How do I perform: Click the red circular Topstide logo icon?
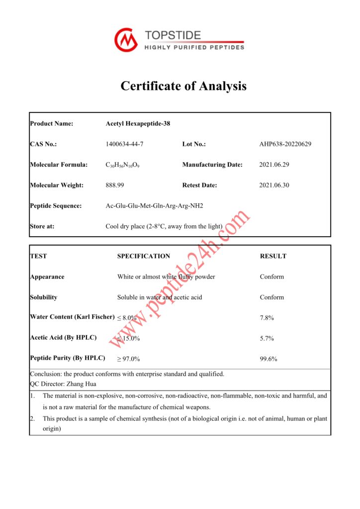click(x=126, y=40)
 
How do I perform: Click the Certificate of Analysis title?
click(x=183, y=86)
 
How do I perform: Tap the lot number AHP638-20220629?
click(x=285, y=144)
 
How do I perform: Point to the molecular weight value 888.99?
click(x=115, y=185)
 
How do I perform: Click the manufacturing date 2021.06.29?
click(x=274, y=165)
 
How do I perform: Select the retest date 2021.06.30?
click(x=274, y=185)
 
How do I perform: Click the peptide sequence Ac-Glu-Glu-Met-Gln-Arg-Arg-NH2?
click(x=155, y=206)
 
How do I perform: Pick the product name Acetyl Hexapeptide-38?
click(x=138, y=124)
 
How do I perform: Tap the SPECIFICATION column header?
click(x=144, y=256)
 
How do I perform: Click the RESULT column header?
click(x=273, y=256)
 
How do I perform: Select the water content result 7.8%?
click(x=267, y=318)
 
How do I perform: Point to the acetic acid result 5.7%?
click(x=267, y=339)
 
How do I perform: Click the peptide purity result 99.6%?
click(x=269, y=359)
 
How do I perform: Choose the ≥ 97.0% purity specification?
click(x=128, y=359)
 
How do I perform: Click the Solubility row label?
click(x=44, y=297)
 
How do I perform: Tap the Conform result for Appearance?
click(x=271, y=277)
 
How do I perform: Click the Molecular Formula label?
click(x=59, y=165)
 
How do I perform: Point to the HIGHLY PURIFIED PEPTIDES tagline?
click(x=194, y=48)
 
